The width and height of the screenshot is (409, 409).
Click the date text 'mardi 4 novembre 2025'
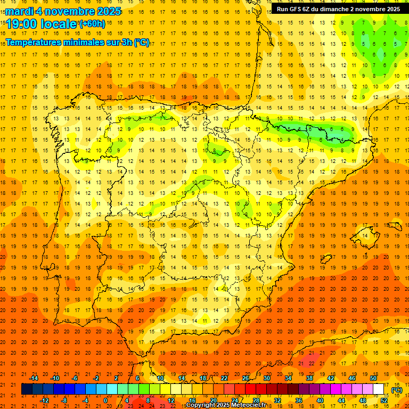point(63,11)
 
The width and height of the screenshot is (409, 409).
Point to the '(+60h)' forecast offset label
point(93,23)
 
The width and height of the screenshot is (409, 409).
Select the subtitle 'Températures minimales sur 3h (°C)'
point(78,43)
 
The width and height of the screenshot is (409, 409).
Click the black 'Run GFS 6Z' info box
point(338,9)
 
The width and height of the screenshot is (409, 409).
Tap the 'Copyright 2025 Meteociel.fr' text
point(226,405)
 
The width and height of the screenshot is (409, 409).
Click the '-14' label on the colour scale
point(34,378)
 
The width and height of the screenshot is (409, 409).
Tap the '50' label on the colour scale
point(373,378)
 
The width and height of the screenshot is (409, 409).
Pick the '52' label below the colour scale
point(384,400)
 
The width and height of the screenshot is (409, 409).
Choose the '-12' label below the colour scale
point(44,400)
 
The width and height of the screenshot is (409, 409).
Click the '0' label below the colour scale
point(105,400)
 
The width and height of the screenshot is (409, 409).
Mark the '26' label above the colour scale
point(246,378)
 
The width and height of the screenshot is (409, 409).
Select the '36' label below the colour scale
point(299,400)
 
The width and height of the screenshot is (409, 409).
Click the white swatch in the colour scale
point(379,389)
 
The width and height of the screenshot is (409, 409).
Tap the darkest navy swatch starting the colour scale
point(27,389)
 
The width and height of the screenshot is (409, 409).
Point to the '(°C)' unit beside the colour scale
point(396,389)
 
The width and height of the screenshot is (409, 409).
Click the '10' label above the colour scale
point(160,378)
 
